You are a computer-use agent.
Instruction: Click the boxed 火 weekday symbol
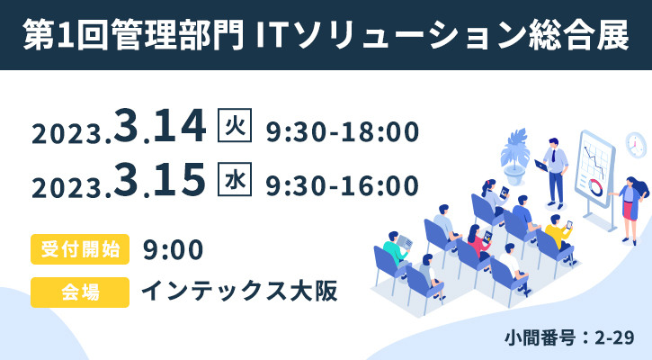[x=235, y=125]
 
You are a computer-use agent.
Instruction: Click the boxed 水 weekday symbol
[x=235, y=179]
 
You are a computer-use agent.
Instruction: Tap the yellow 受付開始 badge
[x=80, y=249]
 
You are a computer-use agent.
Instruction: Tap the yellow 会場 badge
[x=80, y=292]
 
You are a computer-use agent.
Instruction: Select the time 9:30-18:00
[x=343, y=131]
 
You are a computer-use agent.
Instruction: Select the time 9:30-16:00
[x=343, y=185]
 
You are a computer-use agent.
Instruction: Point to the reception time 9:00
[x=173, y=249]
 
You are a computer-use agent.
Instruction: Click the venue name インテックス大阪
[x=239, y=291]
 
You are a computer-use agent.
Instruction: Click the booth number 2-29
[x=614, y=337]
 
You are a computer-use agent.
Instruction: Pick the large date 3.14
[x=160, y=126]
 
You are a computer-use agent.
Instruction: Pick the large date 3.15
[x=160, y=180]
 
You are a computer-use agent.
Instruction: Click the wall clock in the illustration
[x=636, y=145]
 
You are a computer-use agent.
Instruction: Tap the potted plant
[x=514, y=156]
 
